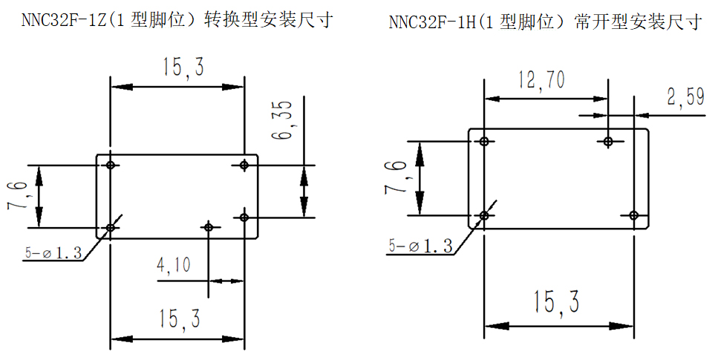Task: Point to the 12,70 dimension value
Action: click(541, 80)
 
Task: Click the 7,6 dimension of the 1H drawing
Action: click(396, 179)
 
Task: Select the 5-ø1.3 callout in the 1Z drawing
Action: click(53, 252)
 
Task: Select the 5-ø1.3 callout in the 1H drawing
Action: click(419, 246)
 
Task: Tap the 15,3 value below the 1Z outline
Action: click(178, 320)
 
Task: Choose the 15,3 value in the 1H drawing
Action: click(555, 302)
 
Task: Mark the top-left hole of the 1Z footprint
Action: click(111, 165)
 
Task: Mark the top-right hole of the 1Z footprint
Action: click(244, 165)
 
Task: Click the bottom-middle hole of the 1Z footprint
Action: click(209, 226)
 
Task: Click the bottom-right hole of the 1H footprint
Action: click(633, 215)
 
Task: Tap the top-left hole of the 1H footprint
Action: click(484, 141)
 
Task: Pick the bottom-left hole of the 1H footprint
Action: click(484, 215)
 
